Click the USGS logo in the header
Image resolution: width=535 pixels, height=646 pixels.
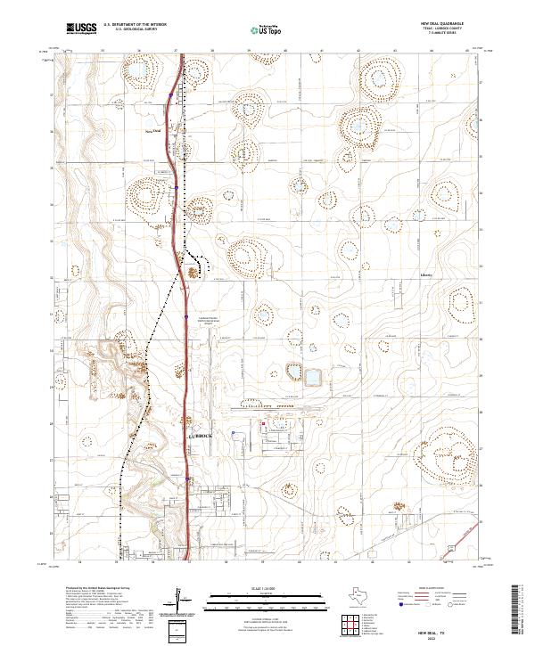click(x=80, y=29)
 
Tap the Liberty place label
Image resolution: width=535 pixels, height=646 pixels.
click(x=425, y=275)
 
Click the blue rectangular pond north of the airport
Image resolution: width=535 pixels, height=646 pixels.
click(x=312, y=377)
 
